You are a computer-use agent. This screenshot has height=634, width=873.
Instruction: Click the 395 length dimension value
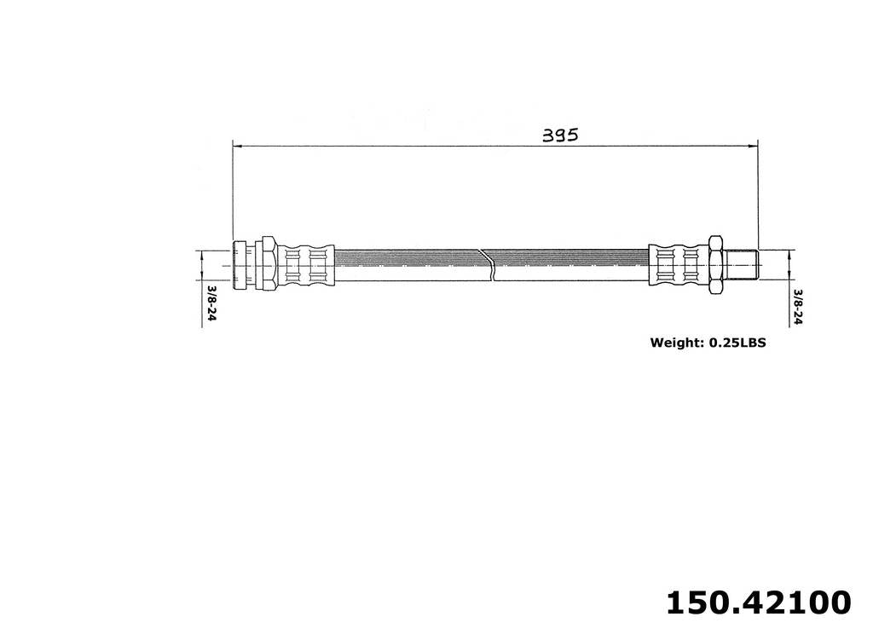pos(560,135)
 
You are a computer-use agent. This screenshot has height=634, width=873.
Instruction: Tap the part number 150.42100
pos(757,602)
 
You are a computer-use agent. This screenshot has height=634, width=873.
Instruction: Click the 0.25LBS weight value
pos(736,343)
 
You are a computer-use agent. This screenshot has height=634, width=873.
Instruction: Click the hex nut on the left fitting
pos(267,264)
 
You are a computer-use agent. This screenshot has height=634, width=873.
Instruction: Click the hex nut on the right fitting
pos(714,264)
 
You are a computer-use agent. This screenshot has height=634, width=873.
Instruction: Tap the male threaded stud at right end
pos(743,264)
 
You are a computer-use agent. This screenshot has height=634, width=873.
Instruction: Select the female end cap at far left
pos(240,264)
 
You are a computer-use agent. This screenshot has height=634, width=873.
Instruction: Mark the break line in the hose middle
pos(488,264)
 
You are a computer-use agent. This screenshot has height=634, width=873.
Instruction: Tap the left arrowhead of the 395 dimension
pos(238,146)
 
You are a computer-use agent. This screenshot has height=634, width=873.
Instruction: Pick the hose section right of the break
pos(571,264)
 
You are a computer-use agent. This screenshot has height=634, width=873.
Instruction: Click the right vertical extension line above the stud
pos(758,196)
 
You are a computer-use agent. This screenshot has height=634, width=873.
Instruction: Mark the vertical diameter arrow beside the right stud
pos(789,264)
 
